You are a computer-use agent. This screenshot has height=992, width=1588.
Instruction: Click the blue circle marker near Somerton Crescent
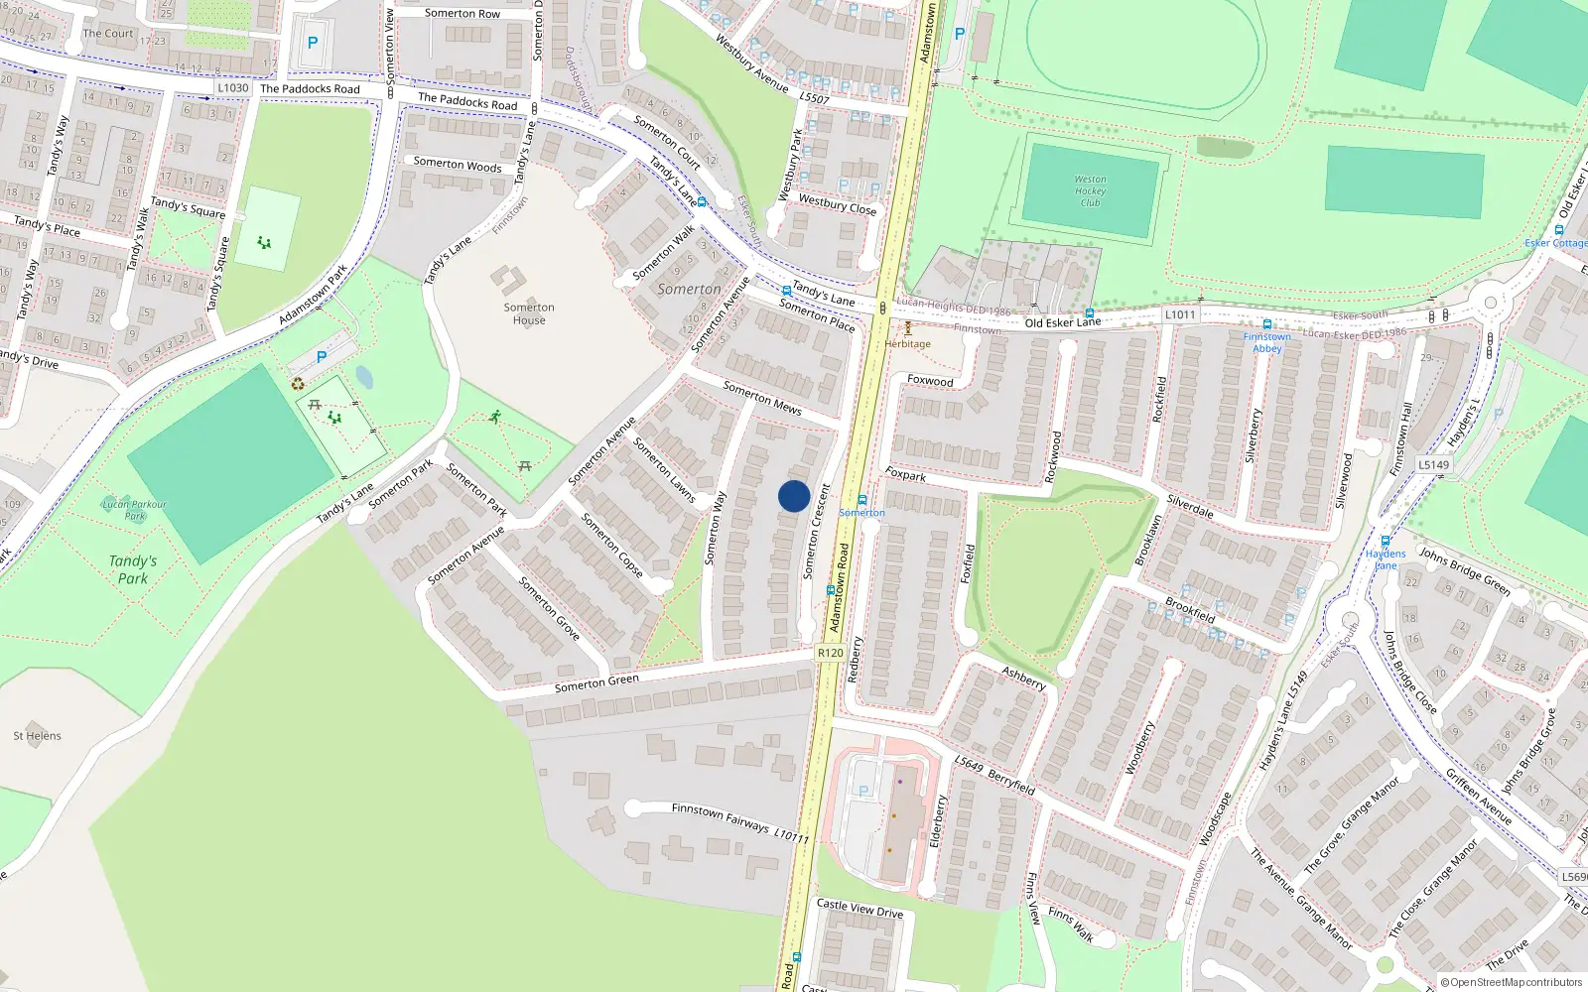(794, 496)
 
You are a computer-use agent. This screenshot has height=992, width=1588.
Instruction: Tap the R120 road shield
(830, 653)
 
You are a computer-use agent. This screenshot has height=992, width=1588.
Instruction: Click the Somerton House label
(529, 313)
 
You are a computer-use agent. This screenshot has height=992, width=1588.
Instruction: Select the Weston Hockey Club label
(1090, 190)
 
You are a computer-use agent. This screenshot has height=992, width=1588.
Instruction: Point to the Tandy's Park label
(133, 569)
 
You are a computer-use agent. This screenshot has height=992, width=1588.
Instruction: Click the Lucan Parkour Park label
(135, 510)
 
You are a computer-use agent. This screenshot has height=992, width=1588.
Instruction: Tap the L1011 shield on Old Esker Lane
(1180, 314)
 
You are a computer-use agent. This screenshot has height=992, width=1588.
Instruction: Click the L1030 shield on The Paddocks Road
(232, 88)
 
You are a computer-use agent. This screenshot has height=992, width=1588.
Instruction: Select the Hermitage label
(908, 344)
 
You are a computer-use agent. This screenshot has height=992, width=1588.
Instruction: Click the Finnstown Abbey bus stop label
(1267, 342)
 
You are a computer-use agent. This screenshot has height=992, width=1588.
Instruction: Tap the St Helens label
(38, 736)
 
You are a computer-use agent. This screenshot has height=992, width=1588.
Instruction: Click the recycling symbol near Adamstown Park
(298, 384)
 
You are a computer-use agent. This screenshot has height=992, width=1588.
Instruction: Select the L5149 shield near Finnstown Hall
(1433, 464)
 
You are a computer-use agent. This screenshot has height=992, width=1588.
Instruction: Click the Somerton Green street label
(596, 682)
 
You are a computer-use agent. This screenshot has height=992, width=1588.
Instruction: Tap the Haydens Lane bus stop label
(1386, 558)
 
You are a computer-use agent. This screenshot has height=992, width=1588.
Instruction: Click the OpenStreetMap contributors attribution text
(1511, 982)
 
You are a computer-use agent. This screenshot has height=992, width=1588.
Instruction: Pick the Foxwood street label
(930, 381)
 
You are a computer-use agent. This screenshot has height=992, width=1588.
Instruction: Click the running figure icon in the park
(494, 418)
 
